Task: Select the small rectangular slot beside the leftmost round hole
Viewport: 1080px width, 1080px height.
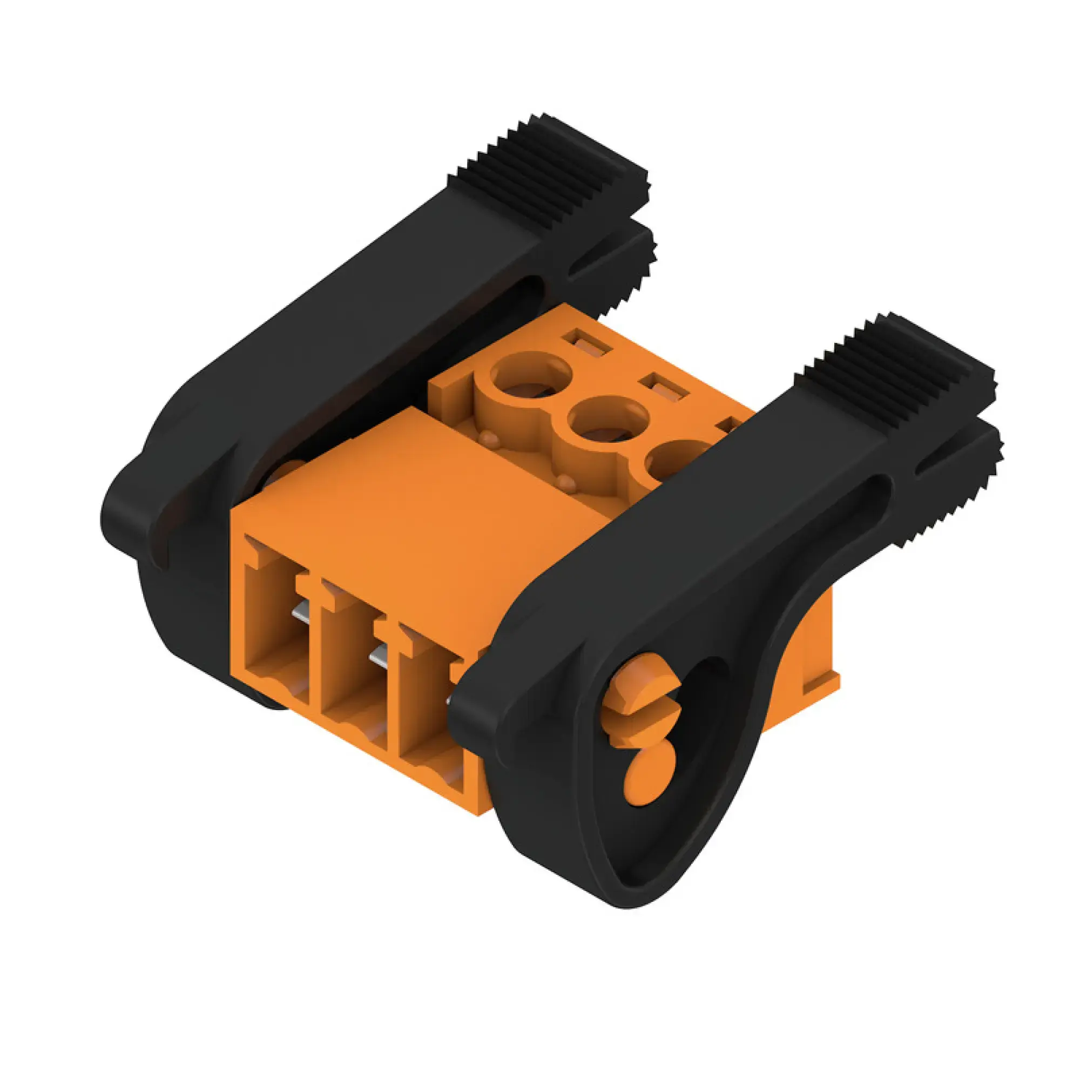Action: click(587, 343)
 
